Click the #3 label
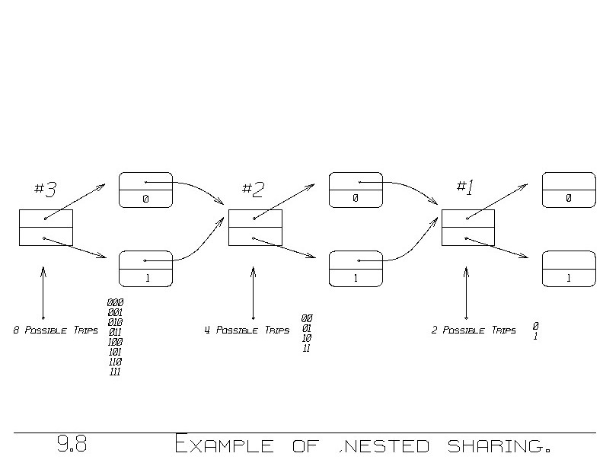click(x=45, y=189)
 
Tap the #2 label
click(x=253, y=189)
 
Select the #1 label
click(x=464, y=187)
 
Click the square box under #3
click(x=46, y=228)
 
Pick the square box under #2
click(x=255, y=228)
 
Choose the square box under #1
click(x=467, y=228)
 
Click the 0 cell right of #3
click(x=145, y=190)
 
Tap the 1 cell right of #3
click(x=145, y=269)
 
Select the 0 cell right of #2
click(x=355, y=190)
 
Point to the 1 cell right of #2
click(x=355, y=269)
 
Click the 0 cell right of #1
click(x=568, y=190)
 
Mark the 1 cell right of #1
click(x=568, y=269)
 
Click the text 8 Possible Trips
click(x=56, y=331)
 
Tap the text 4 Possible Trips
click(x=246, y=331)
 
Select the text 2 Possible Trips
click(x=473, y=331)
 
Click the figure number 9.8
click(x=72, y=444)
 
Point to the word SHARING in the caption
click(x=495, y=444)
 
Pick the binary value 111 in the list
click(x=115, y=372)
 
